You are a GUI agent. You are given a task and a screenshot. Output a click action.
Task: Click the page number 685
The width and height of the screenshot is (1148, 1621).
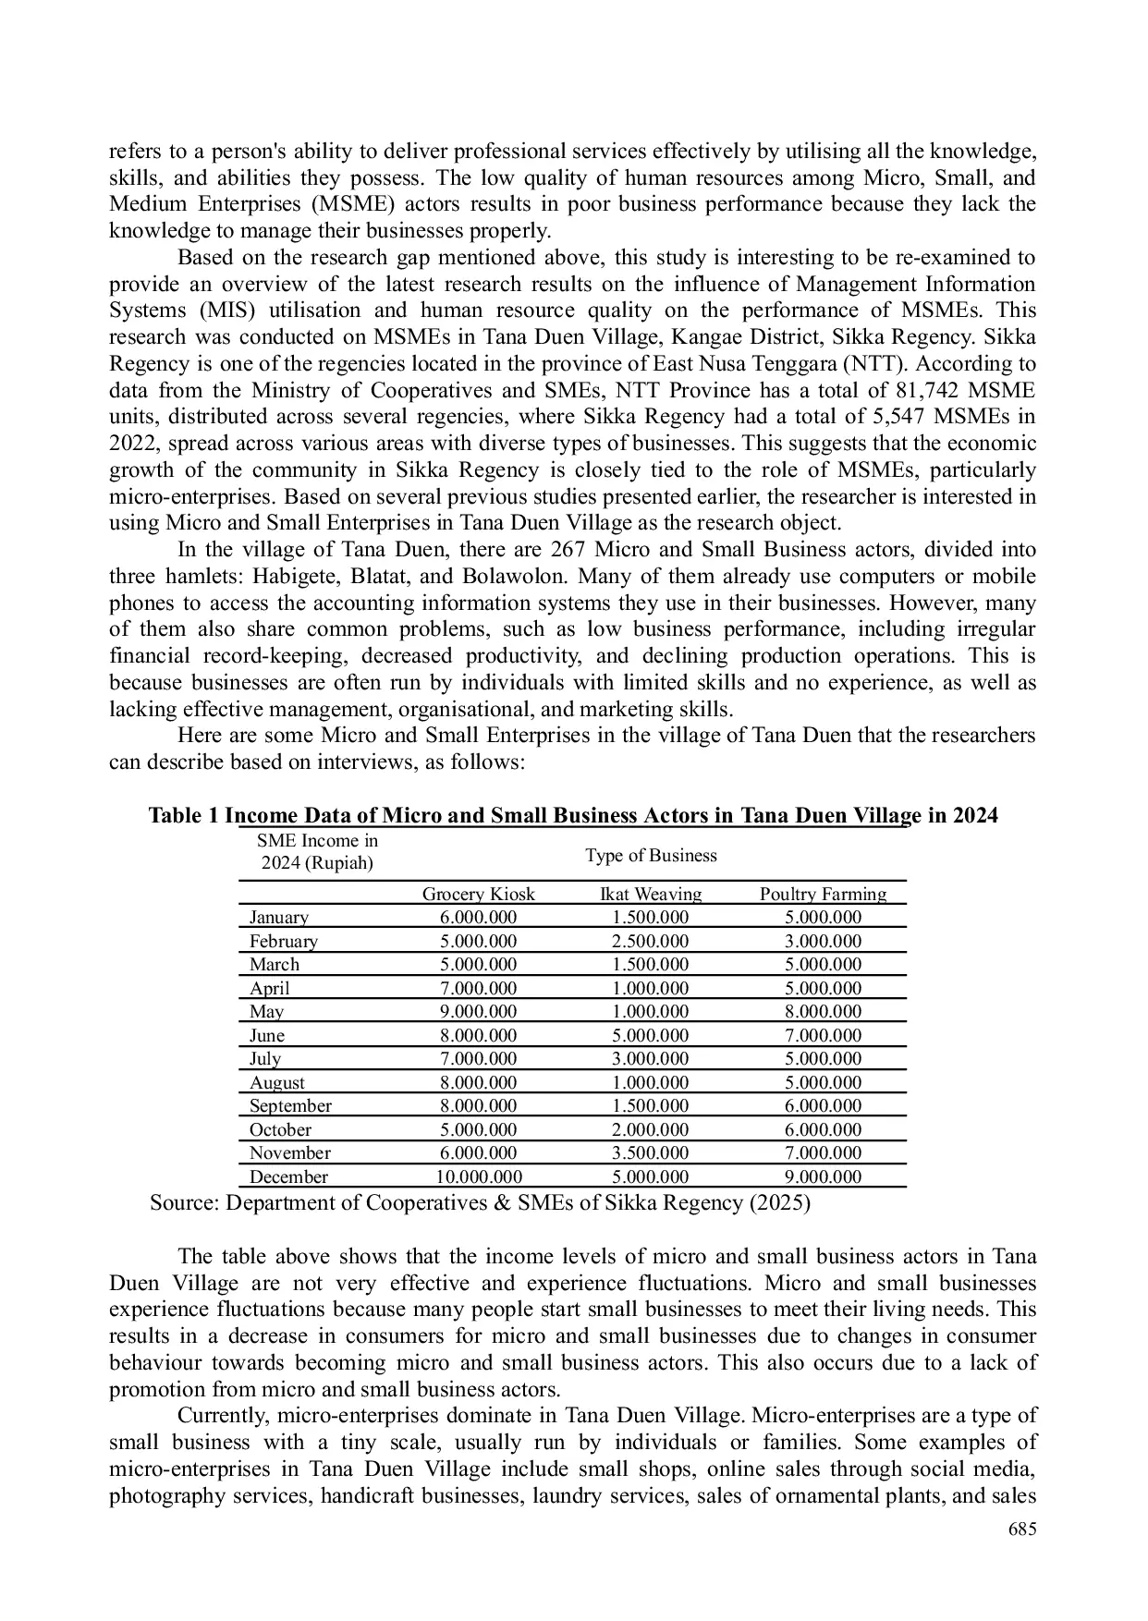(1021, 1530)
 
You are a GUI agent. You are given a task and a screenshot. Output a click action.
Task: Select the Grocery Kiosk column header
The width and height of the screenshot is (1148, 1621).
(478, 894)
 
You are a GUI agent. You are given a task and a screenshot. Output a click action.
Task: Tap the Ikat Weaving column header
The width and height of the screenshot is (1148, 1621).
(651, 894)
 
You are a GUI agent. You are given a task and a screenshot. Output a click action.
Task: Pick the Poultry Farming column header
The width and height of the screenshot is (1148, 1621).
(823, 894)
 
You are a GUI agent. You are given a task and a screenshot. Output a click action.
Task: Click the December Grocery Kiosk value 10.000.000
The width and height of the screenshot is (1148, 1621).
(478, 1176)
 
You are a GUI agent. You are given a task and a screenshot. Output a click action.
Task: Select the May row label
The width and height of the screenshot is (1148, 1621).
(266, 1012)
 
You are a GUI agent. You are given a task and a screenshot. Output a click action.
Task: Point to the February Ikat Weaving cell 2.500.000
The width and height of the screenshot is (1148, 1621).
(651, 941)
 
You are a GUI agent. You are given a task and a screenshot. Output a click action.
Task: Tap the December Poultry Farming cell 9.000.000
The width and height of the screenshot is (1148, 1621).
(823, 1176)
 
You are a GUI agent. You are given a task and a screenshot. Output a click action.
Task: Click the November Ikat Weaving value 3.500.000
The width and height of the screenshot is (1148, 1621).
(651, 1152)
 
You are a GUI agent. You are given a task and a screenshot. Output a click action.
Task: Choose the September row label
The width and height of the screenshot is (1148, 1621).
(290, 1106)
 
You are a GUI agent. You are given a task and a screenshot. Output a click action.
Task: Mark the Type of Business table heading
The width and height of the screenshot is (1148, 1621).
(651, 855)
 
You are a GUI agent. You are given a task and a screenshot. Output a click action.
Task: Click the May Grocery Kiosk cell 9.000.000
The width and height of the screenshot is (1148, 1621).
(478, 1012)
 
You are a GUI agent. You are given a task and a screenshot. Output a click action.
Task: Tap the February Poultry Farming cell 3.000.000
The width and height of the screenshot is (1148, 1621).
(823, 941)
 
